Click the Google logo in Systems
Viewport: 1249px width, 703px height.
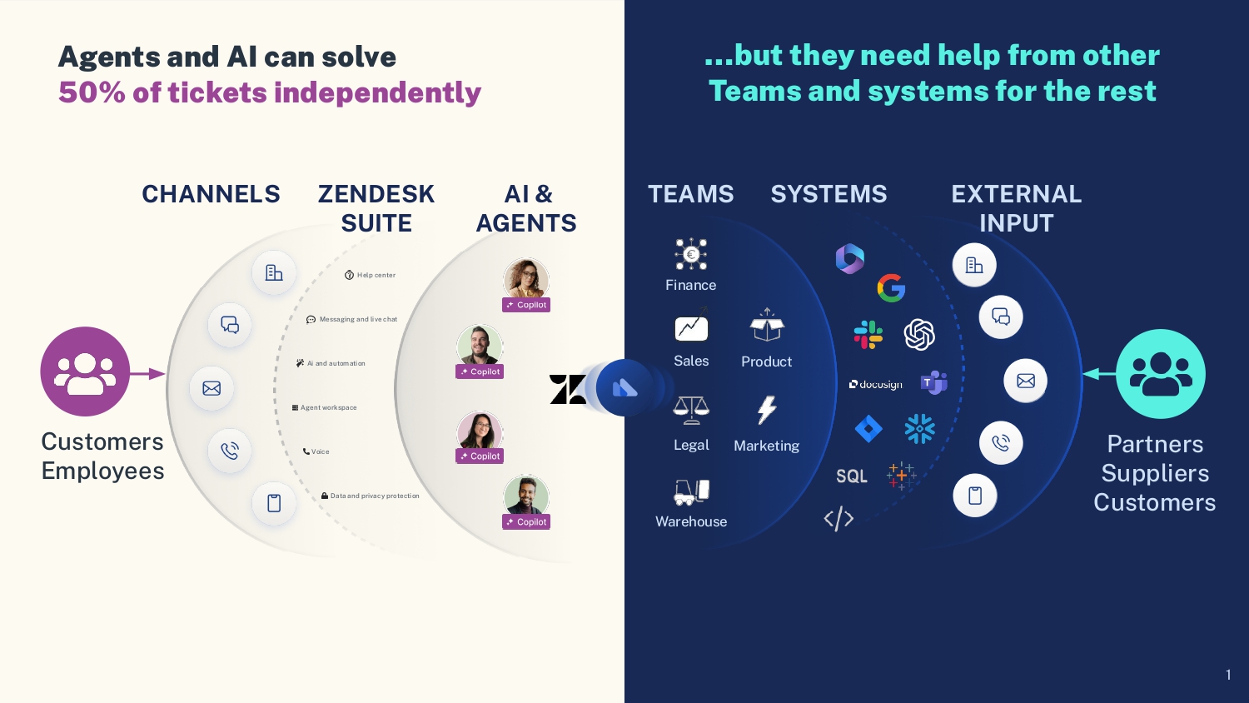coord(891,288)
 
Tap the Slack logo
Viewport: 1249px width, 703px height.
coord(868,334)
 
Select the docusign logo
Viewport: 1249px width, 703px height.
coord(876,384)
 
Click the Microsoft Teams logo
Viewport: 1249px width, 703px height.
coord(934,382)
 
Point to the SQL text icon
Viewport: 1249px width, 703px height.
coord(852,476)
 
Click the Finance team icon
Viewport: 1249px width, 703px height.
coord(691,254)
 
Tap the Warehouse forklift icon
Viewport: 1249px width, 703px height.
coord(691,492)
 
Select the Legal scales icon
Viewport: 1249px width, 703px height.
coord(691,410)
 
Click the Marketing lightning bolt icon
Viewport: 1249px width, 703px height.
coord(767,410)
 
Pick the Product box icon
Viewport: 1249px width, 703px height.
coord(767,326)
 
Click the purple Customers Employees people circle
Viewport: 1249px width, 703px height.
coord(85,371)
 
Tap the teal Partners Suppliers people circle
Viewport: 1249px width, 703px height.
coord(1161,374)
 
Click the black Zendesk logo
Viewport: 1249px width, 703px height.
coord(568,389)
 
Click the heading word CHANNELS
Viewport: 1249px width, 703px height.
coord(211,194)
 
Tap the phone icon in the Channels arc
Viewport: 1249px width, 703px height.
coord(230,451)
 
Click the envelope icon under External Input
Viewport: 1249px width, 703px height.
coord(1026,381)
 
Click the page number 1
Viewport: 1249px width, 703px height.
coord(1228,675)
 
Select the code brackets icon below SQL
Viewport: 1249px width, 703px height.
coord(838,518)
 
